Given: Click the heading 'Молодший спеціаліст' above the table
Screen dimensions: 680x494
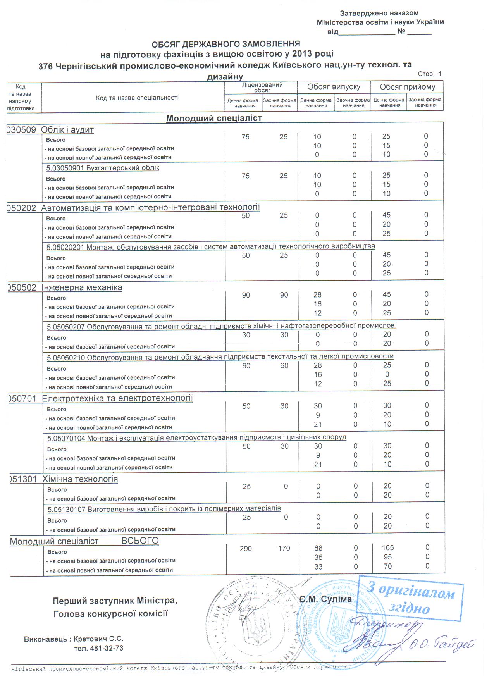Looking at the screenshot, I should (214, 118).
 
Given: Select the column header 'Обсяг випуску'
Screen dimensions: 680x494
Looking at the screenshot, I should (334, 87).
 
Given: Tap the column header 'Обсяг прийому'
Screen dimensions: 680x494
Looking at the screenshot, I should (407, 87).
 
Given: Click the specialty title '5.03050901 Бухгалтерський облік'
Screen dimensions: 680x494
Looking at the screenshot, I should (103, 168).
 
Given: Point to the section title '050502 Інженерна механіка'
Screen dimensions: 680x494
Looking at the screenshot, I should (65, 288).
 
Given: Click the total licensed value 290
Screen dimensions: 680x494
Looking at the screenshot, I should (246, 549).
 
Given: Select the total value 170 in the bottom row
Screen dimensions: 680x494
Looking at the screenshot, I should (284, 549).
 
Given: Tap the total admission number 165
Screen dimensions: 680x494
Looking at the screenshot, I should (387, 548).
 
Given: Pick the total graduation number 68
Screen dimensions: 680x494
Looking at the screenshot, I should (318, 548).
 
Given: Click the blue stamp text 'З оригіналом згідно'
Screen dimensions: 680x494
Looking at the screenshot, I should (411, 598).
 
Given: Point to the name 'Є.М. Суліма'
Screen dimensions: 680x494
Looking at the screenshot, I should (325, 599).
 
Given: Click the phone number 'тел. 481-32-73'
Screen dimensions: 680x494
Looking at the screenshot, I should (99, 648).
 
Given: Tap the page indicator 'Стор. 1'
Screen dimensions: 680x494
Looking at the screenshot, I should (429, 74).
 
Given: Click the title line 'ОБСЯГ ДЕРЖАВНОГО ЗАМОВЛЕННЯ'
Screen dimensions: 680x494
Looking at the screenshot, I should (225, 44).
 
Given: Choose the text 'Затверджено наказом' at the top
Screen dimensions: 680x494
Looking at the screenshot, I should (379, 13).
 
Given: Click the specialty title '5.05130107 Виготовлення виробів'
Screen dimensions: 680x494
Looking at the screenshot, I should (164, 509).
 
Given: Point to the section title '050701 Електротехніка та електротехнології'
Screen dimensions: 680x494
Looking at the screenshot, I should (101, 399).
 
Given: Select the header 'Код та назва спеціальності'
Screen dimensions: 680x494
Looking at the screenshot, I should (137, 98).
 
